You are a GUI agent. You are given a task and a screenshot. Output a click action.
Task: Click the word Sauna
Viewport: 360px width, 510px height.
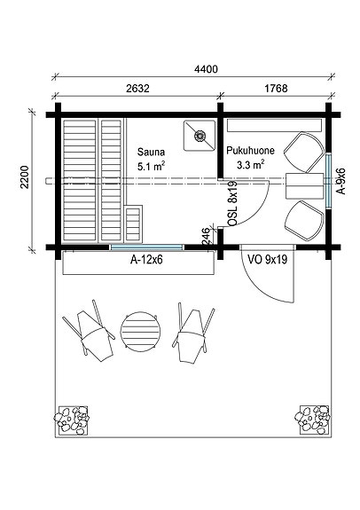149,152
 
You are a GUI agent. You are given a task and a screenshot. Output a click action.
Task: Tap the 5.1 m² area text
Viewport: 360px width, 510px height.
152,166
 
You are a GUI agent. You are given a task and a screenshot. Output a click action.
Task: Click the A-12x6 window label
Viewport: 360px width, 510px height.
137,261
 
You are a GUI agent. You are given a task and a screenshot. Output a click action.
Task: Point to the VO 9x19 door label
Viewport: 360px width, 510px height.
267,261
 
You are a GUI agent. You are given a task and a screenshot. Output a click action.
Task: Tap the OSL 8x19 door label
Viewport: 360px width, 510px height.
231,205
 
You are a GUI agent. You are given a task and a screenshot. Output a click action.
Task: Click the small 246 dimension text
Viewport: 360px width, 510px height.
207,236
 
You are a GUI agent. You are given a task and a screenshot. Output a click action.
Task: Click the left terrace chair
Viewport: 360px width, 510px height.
91,330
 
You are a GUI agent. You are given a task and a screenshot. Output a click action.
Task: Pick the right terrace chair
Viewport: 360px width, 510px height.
192,332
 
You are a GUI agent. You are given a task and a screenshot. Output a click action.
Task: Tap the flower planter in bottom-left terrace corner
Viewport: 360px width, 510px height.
72,419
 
